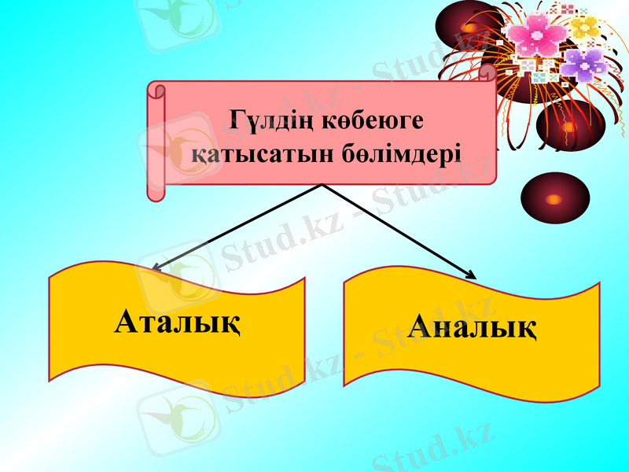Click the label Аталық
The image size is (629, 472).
(x=178, y=322)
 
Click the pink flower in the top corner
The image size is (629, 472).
(x=539, y=37)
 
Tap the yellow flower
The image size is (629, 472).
(x=584, y=27)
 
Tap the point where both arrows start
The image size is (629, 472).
(x=322, y=185)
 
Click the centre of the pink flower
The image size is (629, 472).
(x=539, y=37)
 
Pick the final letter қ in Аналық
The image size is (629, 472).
(x=527, y=327)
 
